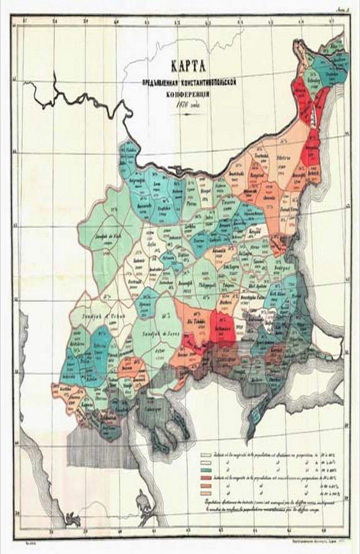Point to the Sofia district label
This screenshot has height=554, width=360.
point(149,242)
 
